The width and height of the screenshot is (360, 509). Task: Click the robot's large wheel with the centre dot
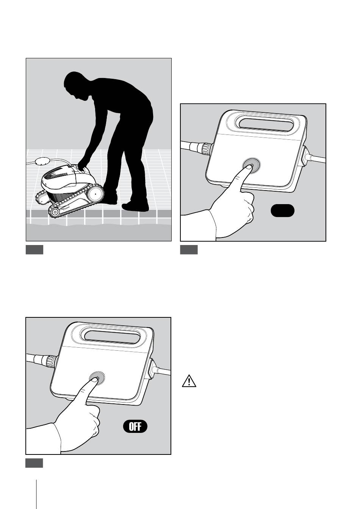(x=95, y=194)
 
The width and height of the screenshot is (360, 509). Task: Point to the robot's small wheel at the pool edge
(x=55, y=212)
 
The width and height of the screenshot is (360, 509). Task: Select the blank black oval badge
(x=282, y=211)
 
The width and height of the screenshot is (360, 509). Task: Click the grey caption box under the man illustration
(x=34, y=250)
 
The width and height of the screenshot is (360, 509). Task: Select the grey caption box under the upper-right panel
(x=189, y=250)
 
